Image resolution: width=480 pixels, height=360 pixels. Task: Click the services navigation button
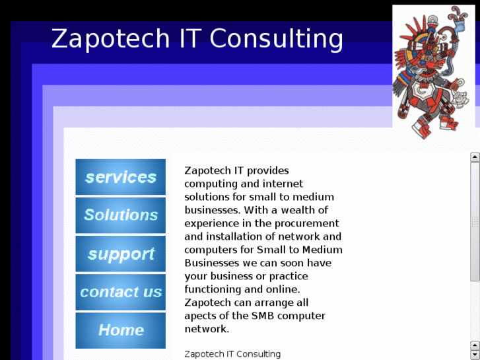120,177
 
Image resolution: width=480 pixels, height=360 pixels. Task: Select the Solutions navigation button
120,215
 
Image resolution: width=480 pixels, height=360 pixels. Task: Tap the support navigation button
120,254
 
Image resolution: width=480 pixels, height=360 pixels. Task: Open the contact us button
120,291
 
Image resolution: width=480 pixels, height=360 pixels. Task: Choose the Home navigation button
120,330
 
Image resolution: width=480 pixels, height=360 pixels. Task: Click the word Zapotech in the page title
111,38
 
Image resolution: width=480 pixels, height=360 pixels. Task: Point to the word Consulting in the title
277,38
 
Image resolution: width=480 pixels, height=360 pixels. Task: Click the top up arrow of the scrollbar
475,157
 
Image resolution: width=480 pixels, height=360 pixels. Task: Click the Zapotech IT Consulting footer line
232,354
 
